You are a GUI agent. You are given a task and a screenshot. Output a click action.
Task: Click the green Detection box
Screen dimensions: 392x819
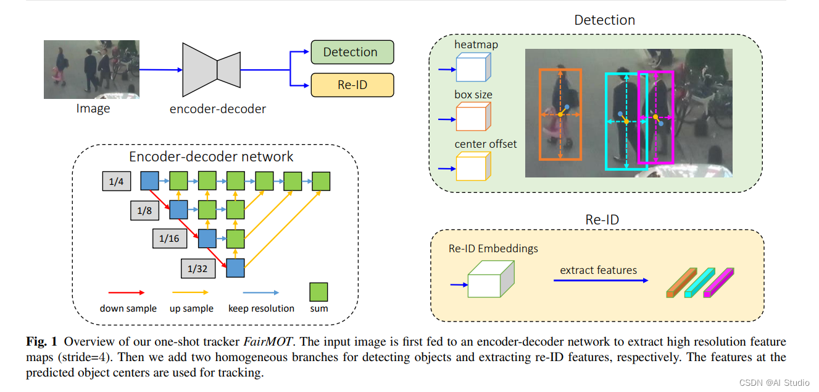click(352, 52)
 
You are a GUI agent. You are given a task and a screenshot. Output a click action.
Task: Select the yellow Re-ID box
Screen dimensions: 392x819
click(352, 85)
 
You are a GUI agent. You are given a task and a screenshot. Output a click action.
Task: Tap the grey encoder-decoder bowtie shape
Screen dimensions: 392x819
click(212, 66)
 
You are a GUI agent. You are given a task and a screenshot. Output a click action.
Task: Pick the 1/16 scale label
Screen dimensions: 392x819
click(168, 239)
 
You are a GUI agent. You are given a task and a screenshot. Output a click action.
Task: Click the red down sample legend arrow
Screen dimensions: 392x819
click(127, 292)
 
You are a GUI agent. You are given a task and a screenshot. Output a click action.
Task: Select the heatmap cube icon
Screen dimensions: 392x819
click(473, 67)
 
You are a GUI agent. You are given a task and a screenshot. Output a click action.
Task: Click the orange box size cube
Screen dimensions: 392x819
click(473, 116)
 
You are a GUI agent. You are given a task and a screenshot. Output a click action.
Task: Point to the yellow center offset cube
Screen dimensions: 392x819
click(473, 166)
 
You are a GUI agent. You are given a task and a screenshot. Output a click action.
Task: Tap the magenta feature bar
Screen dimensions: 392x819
click(720, 283)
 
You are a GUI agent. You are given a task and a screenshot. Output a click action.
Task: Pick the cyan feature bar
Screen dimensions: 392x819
click(700, 283)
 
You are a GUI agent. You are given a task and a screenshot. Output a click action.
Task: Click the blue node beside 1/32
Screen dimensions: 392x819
click(236, 268)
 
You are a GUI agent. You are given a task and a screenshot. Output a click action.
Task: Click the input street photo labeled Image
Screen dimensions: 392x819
click(91, 69)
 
